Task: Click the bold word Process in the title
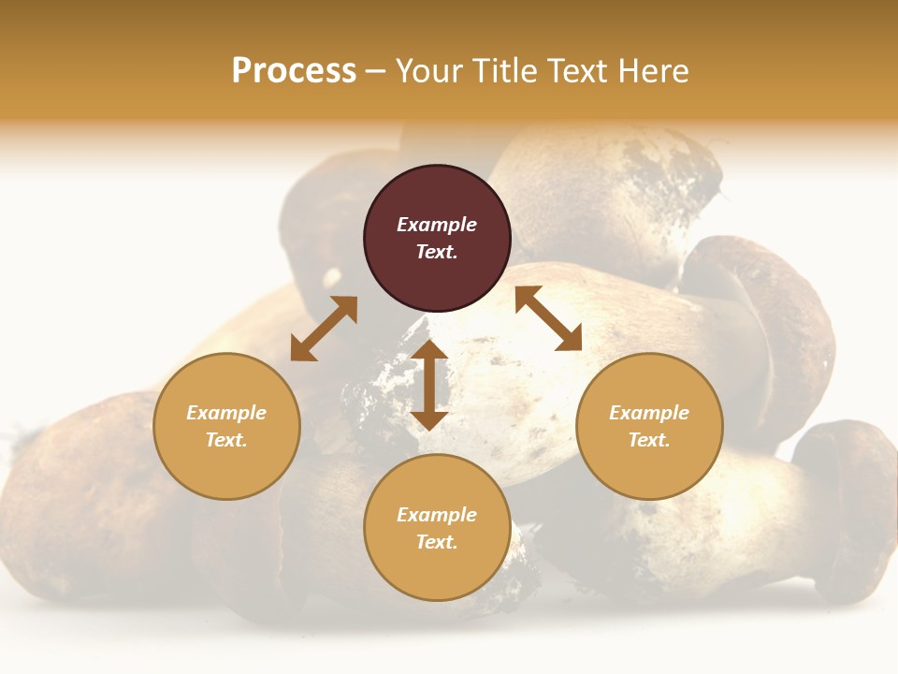click(x=294, y=71)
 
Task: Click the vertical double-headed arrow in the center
click(x=430, y=385)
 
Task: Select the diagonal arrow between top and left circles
click(x=324, y=329)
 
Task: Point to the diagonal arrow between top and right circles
click(x=548, y=318)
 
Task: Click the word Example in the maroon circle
click(x=437, y=225)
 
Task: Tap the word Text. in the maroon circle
click(x=437, y=252)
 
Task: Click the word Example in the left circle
click(x=226, y=413)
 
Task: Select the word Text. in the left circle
click(x=226, y=440)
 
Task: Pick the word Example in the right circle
click(x=649, y=413)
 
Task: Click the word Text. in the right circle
click(x=649, y=440)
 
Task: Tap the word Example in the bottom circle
click(x=437, y=515)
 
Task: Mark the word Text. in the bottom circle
click(x=437, y=542)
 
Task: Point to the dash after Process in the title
click(x=375, y=72)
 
